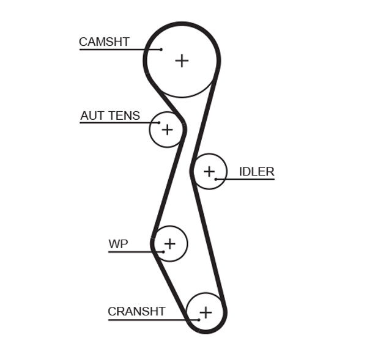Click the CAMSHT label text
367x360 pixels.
point(104,42)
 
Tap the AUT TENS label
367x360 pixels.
point(110,116)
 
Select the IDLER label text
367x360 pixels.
point(256,172)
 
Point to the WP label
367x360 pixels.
point(118,244)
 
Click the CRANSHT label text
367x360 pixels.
point(136,312)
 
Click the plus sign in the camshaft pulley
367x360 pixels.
point(182,60)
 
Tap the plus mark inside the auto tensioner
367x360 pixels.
point(167,130)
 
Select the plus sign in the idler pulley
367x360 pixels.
point(209,171)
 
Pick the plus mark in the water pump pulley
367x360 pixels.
point(169,244)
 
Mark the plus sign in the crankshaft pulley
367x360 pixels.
point(206,312)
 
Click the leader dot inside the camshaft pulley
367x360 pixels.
point(161,49)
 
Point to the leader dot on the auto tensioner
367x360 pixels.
point(158,123)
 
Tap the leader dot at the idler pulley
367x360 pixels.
point(216,179)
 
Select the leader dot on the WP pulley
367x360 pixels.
point(163,251)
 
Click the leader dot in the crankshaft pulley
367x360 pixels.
point(199,319)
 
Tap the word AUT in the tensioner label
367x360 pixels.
point(92,116)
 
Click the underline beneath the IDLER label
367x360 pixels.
point(251,179)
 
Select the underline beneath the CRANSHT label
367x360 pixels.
point(147,319)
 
